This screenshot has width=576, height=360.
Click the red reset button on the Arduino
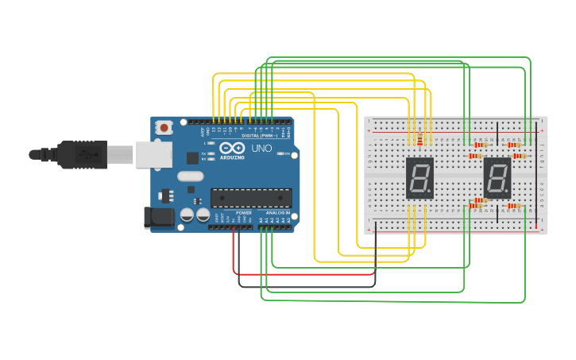(164, 127)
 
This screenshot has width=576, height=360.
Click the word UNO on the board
(262, 149)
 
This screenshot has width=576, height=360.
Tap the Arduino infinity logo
(237, 148)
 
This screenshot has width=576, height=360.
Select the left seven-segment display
(419, 177)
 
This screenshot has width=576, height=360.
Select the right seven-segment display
(497, 177)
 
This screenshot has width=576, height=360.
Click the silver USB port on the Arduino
(153, 153)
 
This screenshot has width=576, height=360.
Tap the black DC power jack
(159, 218)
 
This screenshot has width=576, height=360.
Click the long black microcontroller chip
(250, 198)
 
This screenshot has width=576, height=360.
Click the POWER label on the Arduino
(244, 213)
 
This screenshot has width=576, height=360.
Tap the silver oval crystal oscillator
(191, 176)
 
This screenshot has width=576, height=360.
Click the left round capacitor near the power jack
(187, 215)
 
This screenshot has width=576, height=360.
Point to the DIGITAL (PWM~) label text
(260, 136)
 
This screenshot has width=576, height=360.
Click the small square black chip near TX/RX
(192, 157)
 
